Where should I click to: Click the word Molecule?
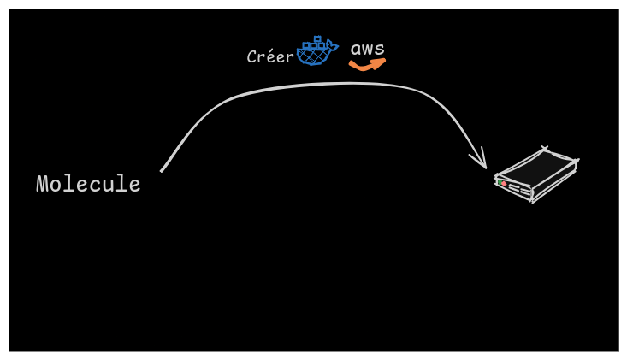point(88,184)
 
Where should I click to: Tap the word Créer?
point(270,57)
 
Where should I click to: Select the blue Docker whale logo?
point(315,53)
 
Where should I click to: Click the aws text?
point(368,49)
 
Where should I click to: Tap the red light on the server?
point(505,184)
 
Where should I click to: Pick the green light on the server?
point(500,181)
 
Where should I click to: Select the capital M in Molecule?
point(42,184)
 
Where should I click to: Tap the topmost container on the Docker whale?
point(317,39)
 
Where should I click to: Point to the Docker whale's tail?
point(332,46)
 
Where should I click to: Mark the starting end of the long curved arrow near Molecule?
point(163,169)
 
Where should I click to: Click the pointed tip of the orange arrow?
point(384,60)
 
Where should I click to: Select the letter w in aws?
point(368,50)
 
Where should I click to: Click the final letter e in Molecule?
point(135,185)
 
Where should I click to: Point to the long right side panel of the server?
point(555,182)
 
